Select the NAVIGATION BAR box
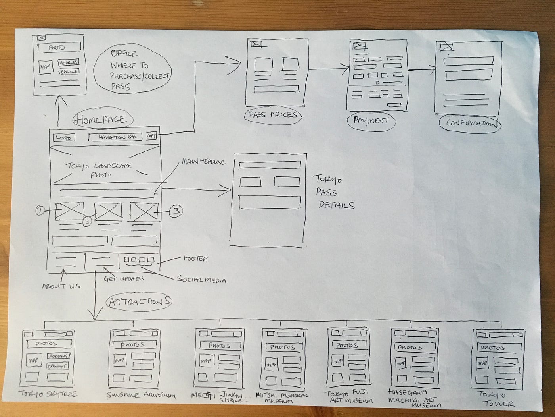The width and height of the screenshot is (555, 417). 115,137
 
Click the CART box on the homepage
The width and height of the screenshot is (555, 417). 151,136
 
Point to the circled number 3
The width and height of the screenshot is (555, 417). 176,211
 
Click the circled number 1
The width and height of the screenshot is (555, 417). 40,210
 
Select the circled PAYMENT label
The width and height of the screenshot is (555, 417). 371,121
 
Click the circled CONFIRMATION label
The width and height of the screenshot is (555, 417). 470,124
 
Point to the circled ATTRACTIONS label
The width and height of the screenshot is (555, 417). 139,302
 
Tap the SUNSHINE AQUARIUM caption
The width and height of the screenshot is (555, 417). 141,396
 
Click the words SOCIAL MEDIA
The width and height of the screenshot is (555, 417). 201,280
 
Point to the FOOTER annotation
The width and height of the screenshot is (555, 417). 195,259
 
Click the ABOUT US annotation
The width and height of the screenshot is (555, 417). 61,286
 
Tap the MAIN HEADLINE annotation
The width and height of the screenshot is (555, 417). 203,162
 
